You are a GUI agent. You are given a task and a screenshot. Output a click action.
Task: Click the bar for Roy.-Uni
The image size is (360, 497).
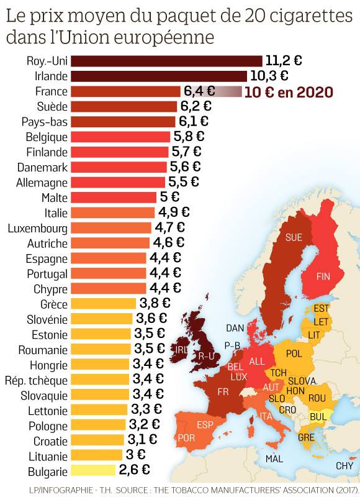click(x=166, y=61)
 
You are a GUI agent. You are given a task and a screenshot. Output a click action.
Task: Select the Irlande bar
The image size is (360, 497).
click(x=159, y=76)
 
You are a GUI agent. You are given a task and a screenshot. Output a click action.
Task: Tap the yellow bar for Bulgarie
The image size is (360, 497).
click(x=92, y=470)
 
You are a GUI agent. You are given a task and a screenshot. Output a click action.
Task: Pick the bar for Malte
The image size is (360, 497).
click(x=114, y=197)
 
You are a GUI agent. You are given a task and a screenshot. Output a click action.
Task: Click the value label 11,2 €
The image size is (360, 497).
click(x=284, y=60)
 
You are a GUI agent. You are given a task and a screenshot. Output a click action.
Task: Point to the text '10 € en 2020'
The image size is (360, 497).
click(x=289, y=92)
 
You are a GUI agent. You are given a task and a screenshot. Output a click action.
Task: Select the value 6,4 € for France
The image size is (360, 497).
click(x=199, y=91)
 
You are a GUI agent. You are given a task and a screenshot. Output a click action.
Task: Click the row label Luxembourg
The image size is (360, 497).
click(x=38, y=228)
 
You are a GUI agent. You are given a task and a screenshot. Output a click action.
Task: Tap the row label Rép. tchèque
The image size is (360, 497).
click(x=37, y=380)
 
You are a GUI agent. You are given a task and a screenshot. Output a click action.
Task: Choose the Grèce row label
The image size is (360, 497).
click(x=54, y=304)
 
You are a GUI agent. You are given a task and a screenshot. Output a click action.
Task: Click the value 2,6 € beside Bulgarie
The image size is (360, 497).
click(x=134, y=470)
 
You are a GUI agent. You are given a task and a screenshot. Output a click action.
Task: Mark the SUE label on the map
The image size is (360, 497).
click(x=294, y=237)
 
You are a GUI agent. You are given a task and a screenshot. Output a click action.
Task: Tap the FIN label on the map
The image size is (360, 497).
click(x=323, y=276)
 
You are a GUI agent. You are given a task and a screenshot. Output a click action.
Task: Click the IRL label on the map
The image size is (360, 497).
click(x=181, y=349)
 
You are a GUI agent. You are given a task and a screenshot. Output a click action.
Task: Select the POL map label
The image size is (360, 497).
click(x=294, y=353)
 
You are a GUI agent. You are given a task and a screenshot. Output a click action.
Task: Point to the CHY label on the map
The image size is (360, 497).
click(x=344, y=465)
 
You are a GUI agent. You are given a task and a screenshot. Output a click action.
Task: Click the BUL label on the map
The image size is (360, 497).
click(x=318, y=417)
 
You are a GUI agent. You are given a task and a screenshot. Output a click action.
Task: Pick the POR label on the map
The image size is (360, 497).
click(x=186, y=438)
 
